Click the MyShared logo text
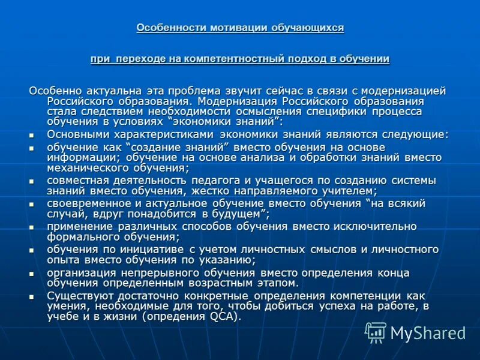click(428, 333)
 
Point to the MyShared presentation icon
click(376, 332)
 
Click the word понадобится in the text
click(145, 214)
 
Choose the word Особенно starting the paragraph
click(53, 91)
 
